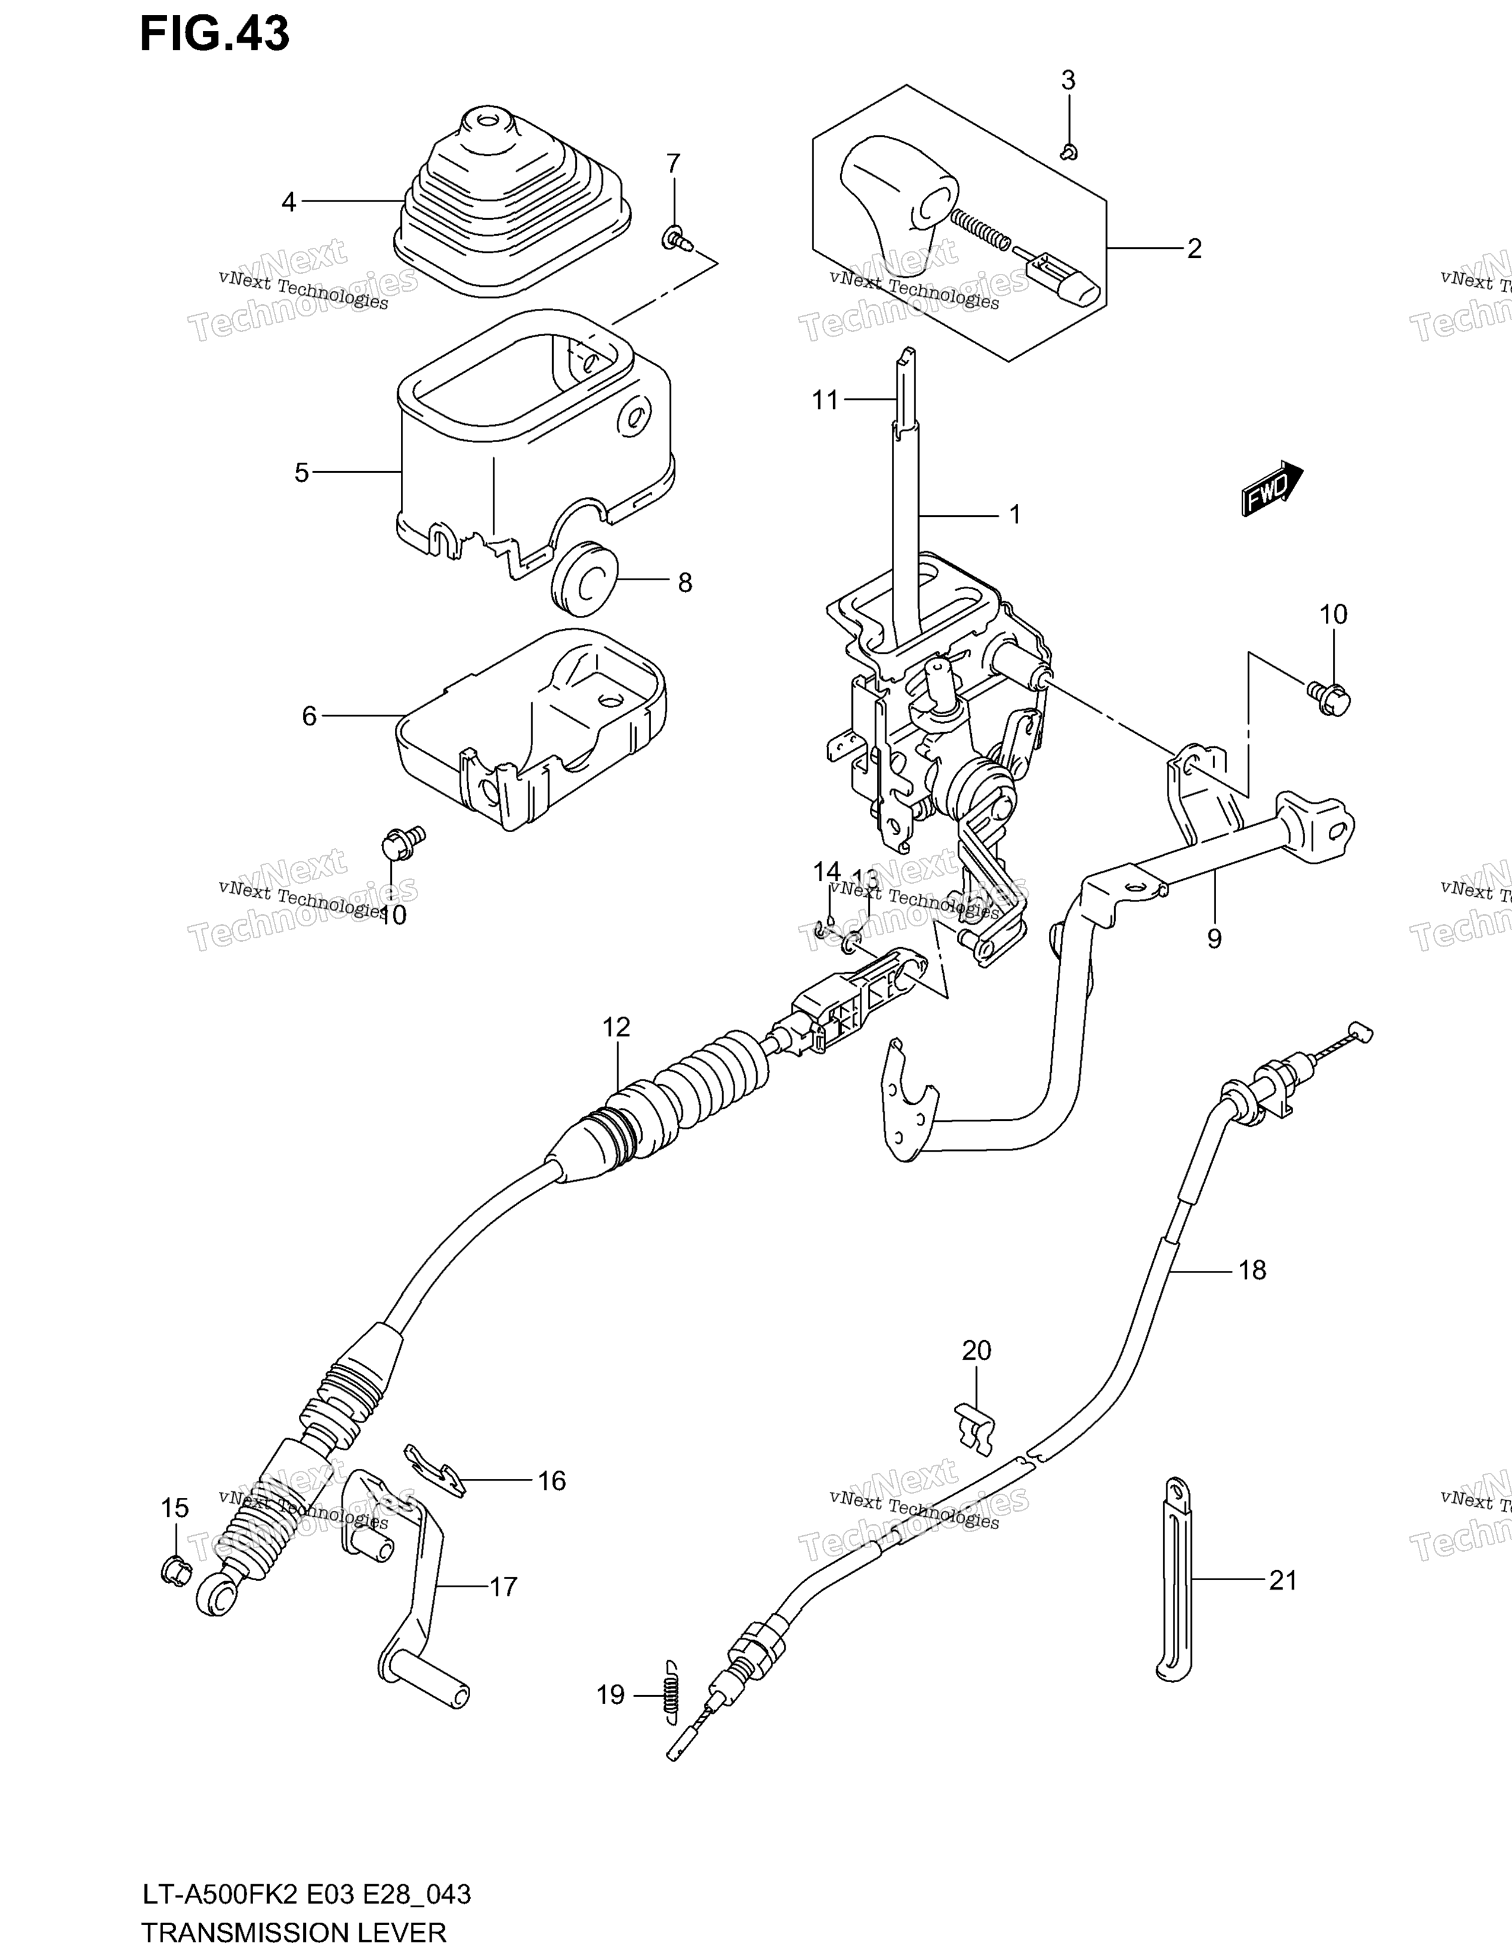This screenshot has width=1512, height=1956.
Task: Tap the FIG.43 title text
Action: pos(215,34)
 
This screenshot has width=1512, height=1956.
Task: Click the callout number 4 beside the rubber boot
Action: pos(288,202)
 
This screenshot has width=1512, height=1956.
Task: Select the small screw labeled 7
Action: pos(679,239)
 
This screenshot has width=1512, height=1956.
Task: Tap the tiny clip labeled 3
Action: pos(1068,153)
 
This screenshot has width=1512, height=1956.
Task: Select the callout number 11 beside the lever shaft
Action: pos(825,399)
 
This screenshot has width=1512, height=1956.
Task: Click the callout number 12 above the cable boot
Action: pos(616,1027)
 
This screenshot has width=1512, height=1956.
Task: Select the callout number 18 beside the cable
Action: pos(1252,1270)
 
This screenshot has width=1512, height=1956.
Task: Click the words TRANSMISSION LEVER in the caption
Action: pos(294,1932)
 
